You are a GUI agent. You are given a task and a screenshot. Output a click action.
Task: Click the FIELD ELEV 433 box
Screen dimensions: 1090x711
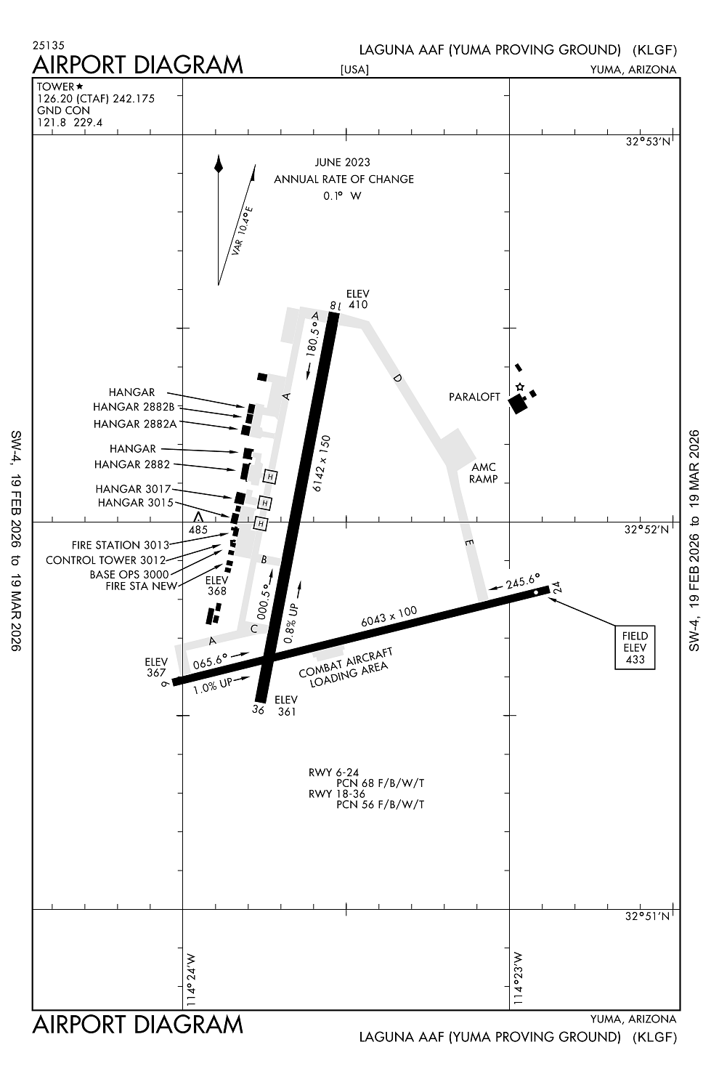click(x=635, y=647)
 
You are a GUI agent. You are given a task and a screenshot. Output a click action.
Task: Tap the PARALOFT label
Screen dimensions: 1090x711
click(x=474, y=397)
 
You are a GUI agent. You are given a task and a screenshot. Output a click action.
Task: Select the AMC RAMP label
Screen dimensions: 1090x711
click(x=483, y=473)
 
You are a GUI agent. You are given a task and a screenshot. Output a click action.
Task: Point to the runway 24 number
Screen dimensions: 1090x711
click(x=556, y=587)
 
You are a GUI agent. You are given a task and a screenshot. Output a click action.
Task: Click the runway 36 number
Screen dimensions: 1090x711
click(x=258, y=709)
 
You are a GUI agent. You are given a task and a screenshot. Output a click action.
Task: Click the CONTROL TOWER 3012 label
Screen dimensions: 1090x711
click(x=106, y=560)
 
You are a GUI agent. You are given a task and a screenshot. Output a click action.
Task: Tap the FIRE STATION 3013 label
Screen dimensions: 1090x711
click(x=120, y=544)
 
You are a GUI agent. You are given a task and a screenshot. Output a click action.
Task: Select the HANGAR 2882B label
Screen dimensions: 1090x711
click(x=134, y=407)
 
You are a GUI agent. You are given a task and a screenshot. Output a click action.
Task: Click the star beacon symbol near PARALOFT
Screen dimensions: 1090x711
click(x=519, y=387)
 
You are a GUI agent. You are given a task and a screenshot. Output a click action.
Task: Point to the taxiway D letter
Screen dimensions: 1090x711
click(x=397, y=378)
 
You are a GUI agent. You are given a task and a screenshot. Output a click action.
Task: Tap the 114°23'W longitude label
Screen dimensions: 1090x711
click(x=518, y=978)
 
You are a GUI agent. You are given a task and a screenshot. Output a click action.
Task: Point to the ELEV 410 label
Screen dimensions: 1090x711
click(x=358, y=299)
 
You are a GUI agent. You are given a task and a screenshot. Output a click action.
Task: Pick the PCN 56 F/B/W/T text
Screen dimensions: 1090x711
click(x=380, y=804)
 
